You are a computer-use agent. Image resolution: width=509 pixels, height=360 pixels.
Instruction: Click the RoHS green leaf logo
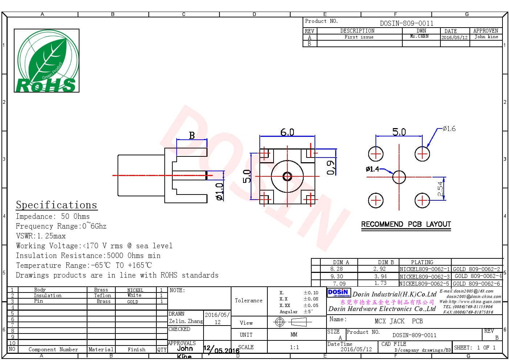point(46,61)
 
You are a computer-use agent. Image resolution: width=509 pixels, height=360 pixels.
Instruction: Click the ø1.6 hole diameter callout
point(449,129)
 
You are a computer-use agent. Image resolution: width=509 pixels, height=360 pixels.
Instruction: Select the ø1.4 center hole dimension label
point(372,169)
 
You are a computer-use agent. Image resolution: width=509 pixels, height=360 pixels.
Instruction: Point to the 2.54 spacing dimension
point(440,189)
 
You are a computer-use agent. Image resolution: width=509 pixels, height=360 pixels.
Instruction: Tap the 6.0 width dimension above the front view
point(287,132)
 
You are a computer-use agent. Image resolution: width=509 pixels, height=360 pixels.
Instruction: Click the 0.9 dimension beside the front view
point(331,168)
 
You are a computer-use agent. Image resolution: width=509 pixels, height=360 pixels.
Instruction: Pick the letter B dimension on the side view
point(192,136)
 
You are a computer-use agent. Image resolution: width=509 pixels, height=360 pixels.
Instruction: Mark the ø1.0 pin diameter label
point(219,192)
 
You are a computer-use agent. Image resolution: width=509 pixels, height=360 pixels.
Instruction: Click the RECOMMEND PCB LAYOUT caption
point(406,224)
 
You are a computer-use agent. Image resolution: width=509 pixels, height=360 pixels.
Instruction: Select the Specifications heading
point(56,205)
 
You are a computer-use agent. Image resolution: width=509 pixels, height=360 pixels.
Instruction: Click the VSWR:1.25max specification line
point(41,236)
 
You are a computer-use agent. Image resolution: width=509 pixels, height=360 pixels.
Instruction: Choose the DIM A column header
point(341,262)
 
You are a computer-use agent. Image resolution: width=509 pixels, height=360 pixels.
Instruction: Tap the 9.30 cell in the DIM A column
point(336,277)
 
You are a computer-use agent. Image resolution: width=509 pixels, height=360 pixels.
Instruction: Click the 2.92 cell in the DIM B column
point(379,269)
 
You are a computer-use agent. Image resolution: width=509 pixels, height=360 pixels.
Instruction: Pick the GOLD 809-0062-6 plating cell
point(476,284)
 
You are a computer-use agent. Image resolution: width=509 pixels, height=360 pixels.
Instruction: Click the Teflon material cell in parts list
point(102,296)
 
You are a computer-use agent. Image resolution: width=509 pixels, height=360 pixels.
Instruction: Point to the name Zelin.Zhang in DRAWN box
point(185,321)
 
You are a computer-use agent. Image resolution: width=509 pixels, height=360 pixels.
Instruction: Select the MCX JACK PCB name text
point(398,321)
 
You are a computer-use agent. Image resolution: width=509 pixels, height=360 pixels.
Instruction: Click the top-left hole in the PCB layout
point(375,154)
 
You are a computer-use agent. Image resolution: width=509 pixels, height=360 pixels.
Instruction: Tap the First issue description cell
point(358,37)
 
